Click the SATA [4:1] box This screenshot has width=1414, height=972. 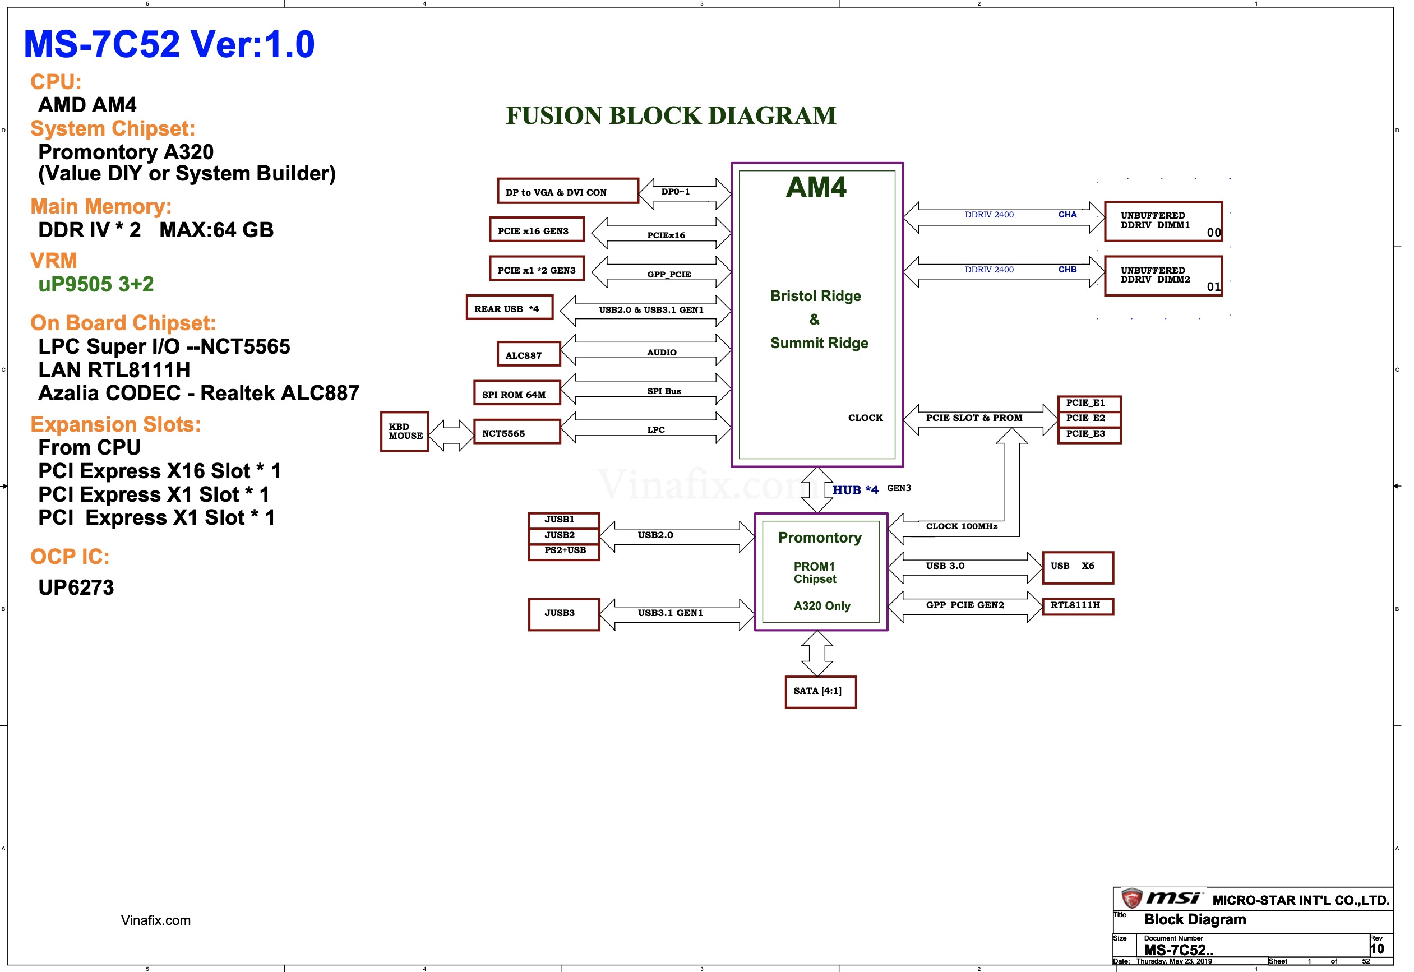[x=820, y=691]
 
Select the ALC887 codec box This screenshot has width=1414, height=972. [x=528, y=354]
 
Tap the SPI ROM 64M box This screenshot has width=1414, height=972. [x=516, y=393]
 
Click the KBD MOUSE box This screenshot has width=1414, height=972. [x=404, y=431]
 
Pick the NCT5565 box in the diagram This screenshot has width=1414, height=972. [x=516, y=432]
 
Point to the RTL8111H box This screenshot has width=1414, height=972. [x=1077, y=606]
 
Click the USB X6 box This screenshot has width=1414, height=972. [x=1077, y=567]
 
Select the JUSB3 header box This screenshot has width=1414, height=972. [x=563, y=614]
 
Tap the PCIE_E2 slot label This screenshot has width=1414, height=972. [x=1089, y=419]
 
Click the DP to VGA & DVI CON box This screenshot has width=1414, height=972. [x=567, y=191]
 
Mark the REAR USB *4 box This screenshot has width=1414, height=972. [x=509, y=308]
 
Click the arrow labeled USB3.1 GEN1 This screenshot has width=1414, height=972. [x=676, y=614]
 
